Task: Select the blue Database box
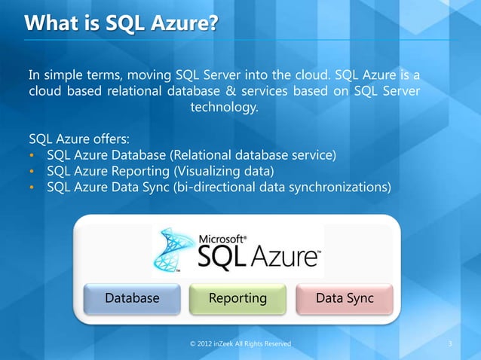[132, 298]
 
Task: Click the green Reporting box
[237, 298]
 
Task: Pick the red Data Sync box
[345, 298]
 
